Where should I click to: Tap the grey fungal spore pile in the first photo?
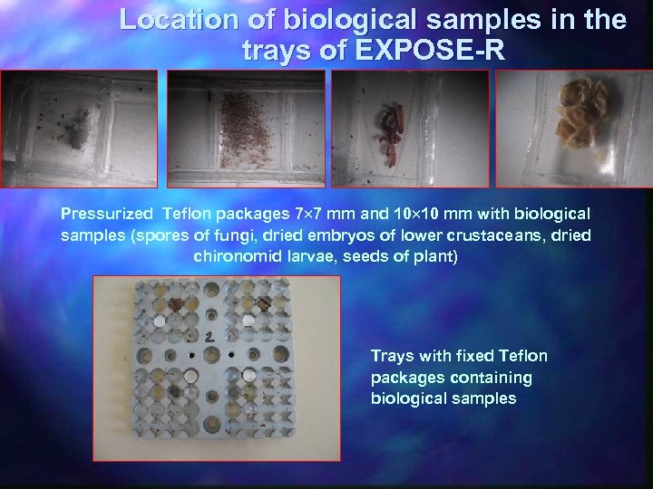pyautogui.click(x=78, y=132)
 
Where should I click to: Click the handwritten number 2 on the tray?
pyautogui.click(x=210, y=337)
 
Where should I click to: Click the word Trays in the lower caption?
pyautogui.click(x=392, y=356)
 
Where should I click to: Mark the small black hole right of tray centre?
pyautogui.click(x=232, y=350)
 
